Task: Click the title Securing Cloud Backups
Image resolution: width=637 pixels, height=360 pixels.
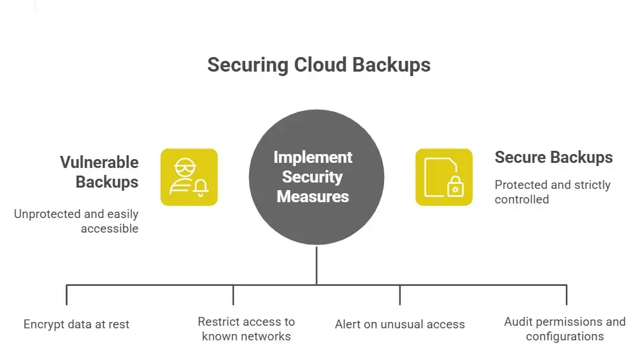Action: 319,65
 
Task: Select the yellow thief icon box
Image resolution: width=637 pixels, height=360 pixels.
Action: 189,177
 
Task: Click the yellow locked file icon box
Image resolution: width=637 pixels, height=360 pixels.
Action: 444,177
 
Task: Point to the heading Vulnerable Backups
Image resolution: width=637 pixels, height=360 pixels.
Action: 99,172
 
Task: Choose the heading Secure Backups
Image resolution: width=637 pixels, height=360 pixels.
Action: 553,157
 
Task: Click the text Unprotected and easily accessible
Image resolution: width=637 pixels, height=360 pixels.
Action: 76,221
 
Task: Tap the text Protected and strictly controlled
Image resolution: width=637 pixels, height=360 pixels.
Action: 552,191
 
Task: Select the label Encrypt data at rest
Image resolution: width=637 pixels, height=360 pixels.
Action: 76,325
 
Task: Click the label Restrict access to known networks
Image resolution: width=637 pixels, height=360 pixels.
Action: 246,329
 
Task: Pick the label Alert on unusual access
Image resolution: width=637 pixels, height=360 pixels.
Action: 399,325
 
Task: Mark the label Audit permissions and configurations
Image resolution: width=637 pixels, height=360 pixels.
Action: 564,329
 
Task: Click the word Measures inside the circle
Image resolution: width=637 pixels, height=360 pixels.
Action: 312,196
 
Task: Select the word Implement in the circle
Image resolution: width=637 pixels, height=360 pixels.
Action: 312,157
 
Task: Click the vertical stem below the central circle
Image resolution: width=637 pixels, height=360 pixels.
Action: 316,266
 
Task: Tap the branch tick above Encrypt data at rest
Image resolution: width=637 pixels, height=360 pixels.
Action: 67,295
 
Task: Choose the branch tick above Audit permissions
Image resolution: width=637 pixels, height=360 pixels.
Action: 566,295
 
